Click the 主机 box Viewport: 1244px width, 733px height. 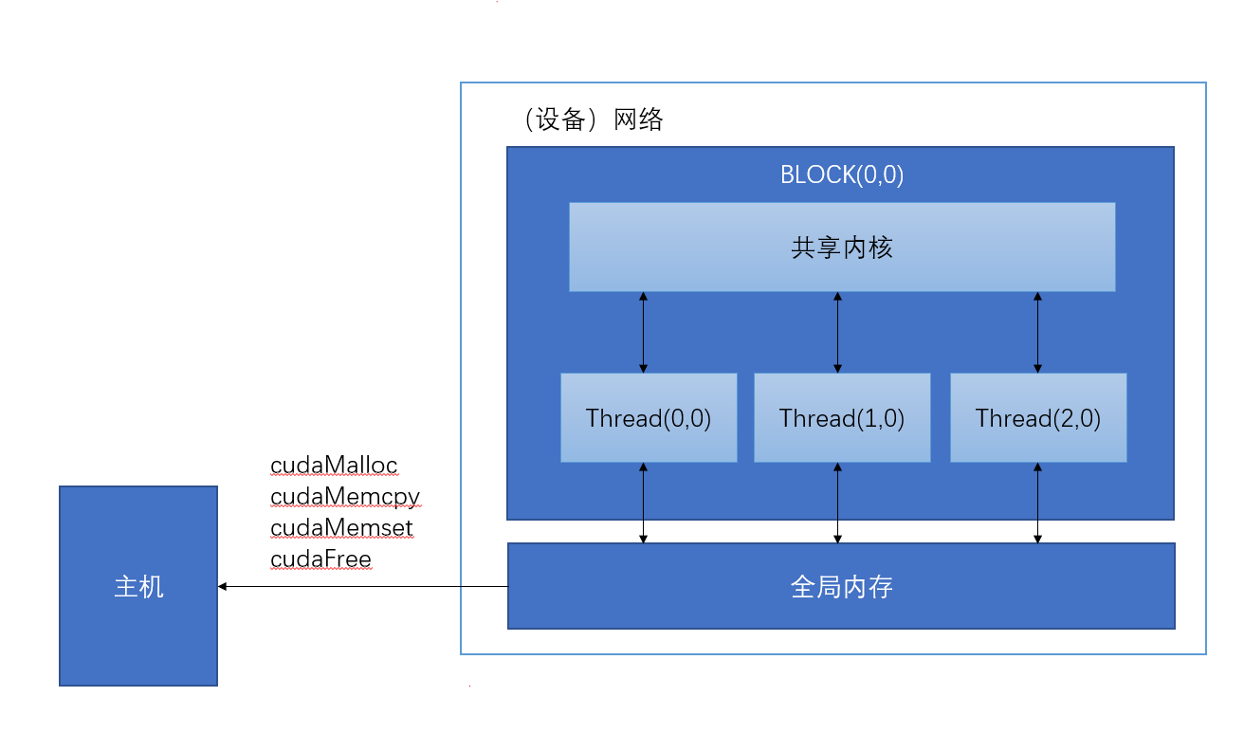(138, 586)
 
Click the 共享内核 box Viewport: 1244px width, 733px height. (842, 247)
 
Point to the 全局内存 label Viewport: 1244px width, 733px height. (842, 588)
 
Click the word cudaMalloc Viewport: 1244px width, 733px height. (334, 466)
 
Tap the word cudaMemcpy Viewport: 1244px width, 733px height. (345, 497)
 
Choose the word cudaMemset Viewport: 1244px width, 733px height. (341, 527)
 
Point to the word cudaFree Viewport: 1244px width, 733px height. (320, 559)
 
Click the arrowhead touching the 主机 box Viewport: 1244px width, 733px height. (223, 587)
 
